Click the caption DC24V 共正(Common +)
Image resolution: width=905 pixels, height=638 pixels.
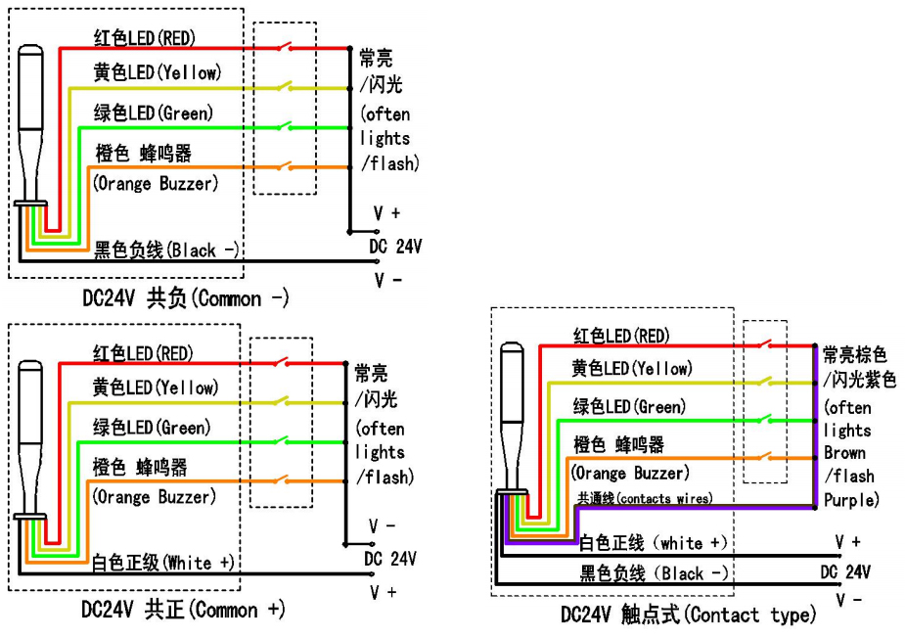click(184, 611)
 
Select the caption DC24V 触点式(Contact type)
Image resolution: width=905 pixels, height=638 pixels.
click(688, 615)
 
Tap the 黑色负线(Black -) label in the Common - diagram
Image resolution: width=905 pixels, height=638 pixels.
click(167, 250)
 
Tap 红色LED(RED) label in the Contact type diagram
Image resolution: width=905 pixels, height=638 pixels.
click(621, 337)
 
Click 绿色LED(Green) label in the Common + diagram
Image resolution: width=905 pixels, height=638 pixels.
click(153, 428)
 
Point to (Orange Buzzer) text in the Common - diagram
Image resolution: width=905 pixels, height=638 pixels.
click(156, 183)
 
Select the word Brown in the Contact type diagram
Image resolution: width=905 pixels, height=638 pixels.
click(843, 453)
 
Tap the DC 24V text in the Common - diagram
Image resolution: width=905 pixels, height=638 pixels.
click(395, 246)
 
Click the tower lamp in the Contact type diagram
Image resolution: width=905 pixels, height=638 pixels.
click(513, 421)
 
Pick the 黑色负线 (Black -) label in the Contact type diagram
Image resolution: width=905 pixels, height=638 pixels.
click(654, 573)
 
